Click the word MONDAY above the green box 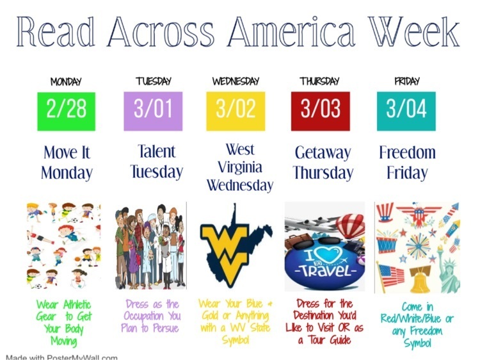pyautogui.click(x=66, y=82)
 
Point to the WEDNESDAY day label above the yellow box pyautogui.click(x=236, y=81)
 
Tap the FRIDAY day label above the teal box pyautogui.click(x=406, y=81)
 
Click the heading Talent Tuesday pyautogui.click(x=156, y=161)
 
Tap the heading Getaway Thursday pyautogui.click(x=323, y=163)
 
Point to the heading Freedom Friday pyautogui.click(x=407, y=163)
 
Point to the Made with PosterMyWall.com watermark pyautogui.click(x=61, y=356)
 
